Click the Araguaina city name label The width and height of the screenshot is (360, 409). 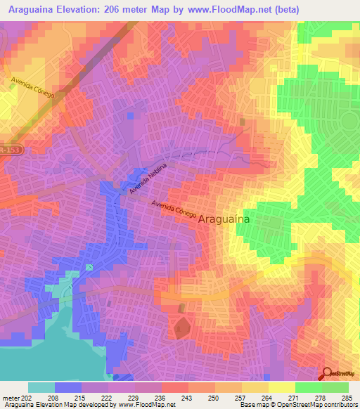point(225,219)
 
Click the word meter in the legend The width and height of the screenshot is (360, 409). point(12,398)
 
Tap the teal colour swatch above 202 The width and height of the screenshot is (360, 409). point(41,387)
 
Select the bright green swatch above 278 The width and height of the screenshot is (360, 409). point(308,387)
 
